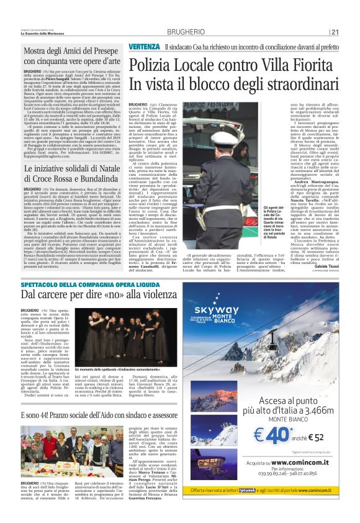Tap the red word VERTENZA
pos(144,48)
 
